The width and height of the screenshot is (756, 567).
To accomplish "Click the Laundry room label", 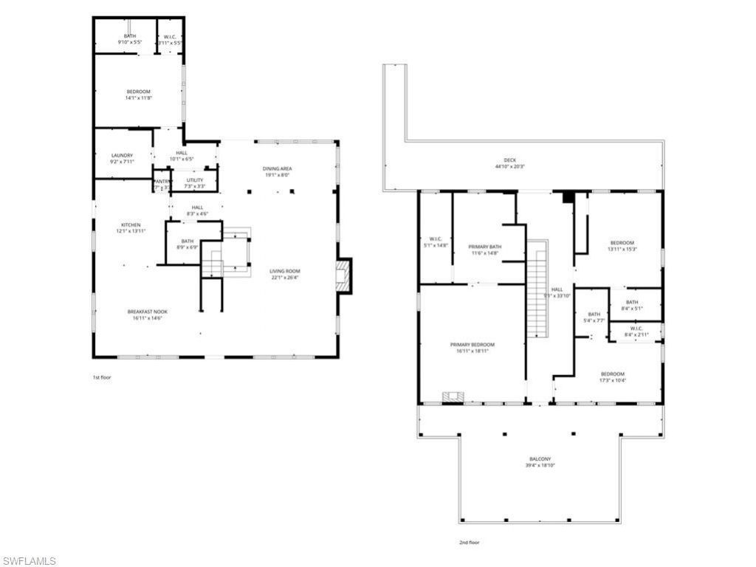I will coord(122,155).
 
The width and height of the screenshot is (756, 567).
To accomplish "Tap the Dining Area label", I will coord(277,169).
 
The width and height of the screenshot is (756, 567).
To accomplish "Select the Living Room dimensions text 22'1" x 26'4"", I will coord(284,278).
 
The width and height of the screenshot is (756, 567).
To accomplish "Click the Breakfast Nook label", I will coord(147,312).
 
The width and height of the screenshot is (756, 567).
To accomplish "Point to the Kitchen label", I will coord(131,225).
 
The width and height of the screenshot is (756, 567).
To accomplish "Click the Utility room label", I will coord(194,179).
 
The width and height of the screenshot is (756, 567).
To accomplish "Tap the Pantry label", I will coord(162,182).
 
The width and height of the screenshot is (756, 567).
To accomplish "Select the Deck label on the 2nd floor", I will coord(510,160).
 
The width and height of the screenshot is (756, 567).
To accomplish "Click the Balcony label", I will coord(539,459).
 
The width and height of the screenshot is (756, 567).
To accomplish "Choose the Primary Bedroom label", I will coord(472,345).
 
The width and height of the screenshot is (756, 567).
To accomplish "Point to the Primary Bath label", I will coord(484,247).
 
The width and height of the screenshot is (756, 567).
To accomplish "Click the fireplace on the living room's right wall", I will coord(343,275).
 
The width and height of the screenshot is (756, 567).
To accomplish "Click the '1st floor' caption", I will coord(102,377).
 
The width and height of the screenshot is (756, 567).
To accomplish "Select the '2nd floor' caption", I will coord(469,543).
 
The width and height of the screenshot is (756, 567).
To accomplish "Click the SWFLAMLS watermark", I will coord(29,561).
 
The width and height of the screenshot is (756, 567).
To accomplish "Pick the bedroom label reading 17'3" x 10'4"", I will coord(612,374).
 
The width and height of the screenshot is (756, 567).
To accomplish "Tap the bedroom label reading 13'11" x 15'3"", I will coord(621,243).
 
